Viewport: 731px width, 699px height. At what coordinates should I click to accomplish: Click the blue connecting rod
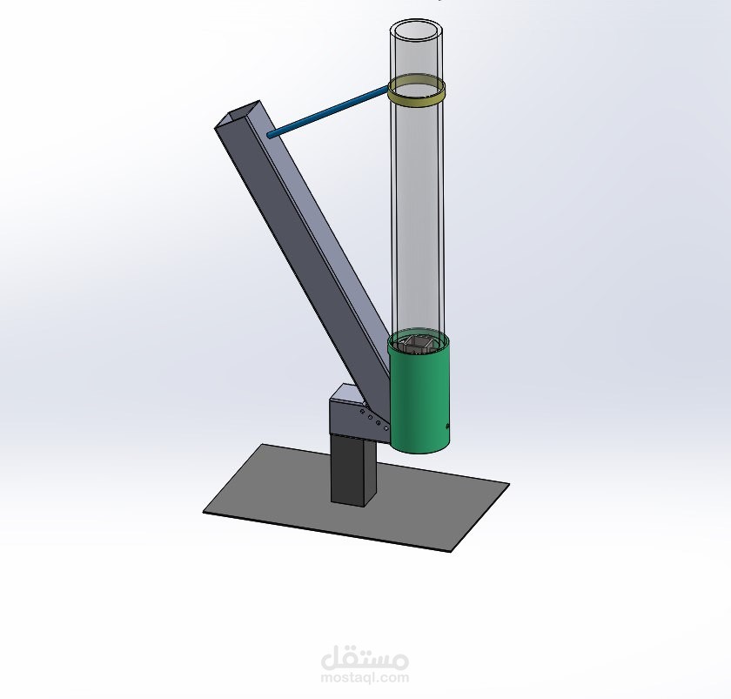coord(328,111)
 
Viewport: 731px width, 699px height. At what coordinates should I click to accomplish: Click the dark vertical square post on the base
coord(353,468)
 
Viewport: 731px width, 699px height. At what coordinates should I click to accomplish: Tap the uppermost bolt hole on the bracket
coord(362,412)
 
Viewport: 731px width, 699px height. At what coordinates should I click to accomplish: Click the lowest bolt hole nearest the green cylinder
coord(386,427)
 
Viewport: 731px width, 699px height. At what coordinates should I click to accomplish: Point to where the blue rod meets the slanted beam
coord(270,135)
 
